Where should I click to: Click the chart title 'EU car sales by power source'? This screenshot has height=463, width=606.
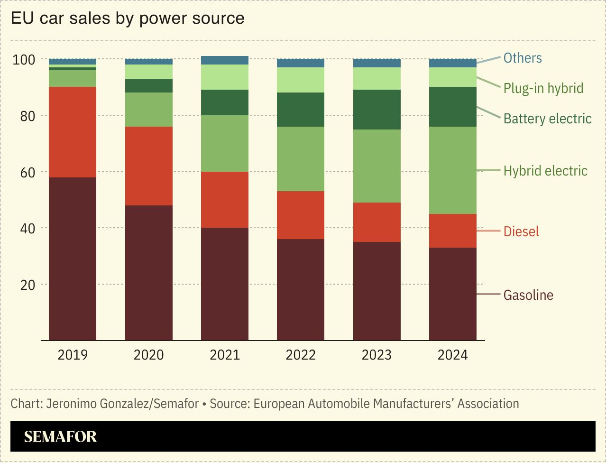click(x=128, y=19)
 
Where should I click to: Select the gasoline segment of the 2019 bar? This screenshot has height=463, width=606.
click(x=73, y=259)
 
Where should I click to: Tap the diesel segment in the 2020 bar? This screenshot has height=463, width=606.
click(x=149, y=166)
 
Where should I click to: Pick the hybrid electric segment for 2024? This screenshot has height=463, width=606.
click(x=453, y=170)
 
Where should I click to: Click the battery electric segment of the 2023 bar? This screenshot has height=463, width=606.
click(x=377, y=110)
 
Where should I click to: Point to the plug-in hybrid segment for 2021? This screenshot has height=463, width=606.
click(x=225, y=77)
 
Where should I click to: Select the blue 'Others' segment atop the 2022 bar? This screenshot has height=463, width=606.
click(x=301, y=63)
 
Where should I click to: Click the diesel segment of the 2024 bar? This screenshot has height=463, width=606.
click(x=453, y=231)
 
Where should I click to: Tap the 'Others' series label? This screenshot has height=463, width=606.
click(x=522, y=58)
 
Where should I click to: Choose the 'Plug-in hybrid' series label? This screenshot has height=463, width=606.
click(x=543, y=88)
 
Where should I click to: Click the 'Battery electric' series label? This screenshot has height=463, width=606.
click(x=547, y=119)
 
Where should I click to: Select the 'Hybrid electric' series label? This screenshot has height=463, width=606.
click(x=545, y=171)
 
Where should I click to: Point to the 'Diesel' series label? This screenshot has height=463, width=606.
click(x=521, y=231)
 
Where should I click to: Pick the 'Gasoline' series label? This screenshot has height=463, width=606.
click(x=528, y=295)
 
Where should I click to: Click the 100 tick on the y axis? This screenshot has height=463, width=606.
click(x=24, y=60)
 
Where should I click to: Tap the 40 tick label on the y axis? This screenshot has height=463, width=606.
click(x=28, y=228)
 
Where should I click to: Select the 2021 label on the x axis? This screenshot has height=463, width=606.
click(x=225, y=355)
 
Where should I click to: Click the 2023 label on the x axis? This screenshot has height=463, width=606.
click(x=377, y=355)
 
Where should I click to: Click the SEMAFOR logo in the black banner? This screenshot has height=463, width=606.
click(x=60, y=436)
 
